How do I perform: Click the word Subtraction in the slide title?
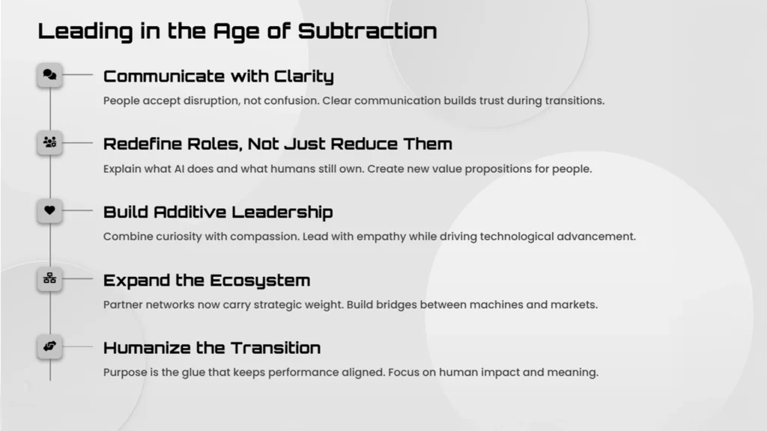click(x=367, y=31)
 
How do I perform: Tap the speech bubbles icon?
click(x=49, y=74)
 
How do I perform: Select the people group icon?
click(x=49, y=142)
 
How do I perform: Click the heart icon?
click(x=49, y=210)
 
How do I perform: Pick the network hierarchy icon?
click(x=49, y=278)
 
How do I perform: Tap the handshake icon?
click(x=49, y=346)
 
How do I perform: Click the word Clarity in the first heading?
click(x=304, y=77)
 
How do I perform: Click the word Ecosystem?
click(x=260, y=281)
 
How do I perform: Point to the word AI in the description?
click(x=179, y=169)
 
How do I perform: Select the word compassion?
click(x=263, y=237)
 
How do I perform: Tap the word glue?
click(x=193, y=373)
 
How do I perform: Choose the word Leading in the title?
click(x=85, y=31)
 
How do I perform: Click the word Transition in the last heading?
click(x=276, y=348)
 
